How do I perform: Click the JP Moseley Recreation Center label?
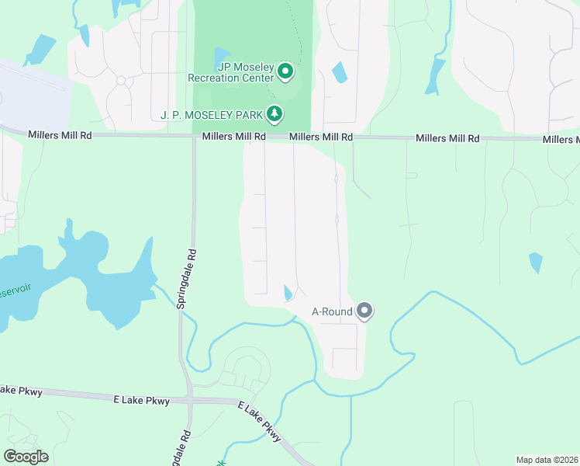click(x=231, y=72)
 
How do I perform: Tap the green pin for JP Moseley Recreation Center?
click(x=285, y=72)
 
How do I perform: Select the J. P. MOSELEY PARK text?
click(x=211, y=115)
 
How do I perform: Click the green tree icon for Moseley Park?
click(x=274, y=114)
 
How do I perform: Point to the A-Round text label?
click(x=332, y=312)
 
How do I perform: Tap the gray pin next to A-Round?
click(x=365, y=312)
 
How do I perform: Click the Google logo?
click(x=26, y=456)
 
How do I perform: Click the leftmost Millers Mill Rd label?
click(x=60, y=135)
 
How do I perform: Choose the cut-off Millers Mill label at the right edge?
click(x=561, y=140)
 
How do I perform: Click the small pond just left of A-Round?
click(x=288, y=293)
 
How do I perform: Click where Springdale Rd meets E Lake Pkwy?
click(x=190, y=401)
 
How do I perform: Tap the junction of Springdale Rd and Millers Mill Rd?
click(x=194, y=137)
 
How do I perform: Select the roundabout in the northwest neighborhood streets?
click(x=121, y=79)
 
